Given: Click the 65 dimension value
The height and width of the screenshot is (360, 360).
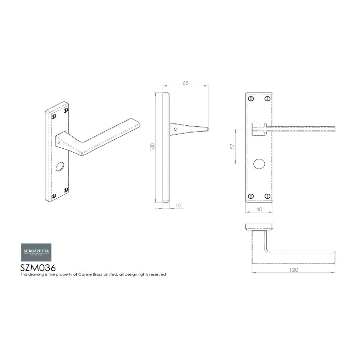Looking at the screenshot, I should tap(185, 83).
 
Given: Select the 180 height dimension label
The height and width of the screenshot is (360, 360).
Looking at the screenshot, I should tap(152, 147).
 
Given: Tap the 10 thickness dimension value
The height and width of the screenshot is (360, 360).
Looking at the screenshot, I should tap(179, 206).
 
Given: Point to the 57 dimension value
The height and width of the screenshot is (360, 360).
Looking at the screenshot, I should tap(233, 147).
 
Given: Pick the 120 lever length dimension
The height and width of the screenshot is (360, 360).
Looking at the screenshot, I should tap(293, 270).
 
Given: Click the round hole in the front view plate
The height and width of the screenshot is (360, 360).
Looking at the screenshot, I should tap(258, 164).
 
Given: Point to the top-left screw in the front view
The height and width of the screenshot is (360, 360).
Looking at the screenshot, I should tap(251, 98).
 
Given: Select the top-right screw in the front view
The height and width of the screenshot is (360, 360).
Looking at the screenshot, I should tap(267, 98).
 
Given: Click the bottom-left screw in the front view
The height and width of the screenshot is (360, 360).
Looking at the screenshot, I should tap(251, 196).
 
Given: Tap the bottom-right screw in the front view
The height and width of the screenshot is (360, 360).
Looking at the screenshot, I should tap(267, 196).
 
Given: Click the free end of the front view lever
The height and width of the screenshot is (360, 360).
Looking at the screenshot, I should tap(333, 129).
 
